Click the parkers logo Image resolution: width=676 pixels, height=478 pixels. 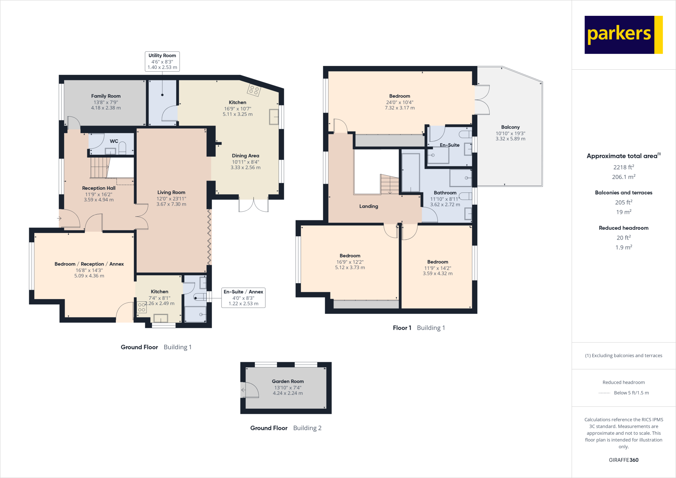[623, 35]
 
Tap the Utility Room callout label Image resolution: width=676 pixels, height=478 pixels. [162, 61]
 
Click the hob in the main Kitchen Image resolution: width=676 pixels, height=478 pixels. [254, 90]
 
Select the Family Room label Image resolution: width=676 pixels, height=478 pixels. [106, 96]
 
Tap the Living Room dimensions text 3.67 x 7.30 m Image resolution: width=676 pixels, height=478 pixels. [171, 204]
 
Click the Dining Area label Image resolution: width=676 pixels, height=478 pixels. [245, 156]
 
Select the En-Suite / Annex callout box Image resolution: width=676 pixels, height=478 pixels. [243, 298]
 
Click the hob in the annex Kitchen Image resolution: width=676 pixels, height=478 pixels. [142, 307]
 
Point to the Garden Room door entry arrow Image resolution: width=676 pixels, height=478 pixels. [244, 390]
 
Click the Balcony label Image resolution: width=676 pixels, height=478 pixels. [510, 127]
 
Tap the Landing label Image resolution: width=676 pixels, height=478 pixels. [368, 206]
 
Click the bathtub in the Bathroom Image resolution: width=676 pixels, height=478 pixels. [411, 173]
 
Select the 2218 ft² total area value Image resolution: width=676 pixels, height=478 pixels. [623, 167]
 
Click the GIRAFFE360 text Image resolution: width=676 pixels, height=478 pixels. [623, 460]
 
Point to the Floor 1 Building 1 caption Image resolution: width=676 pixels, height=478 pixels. [419, 328]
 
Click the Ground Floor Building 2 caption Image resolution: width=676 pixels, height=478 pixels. [286, 428]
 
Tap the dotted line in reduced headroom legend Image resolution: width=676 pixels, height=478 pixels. [604, 393]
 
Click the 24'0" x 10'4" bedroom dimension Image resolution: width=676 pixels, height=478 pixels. [399, 102]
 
